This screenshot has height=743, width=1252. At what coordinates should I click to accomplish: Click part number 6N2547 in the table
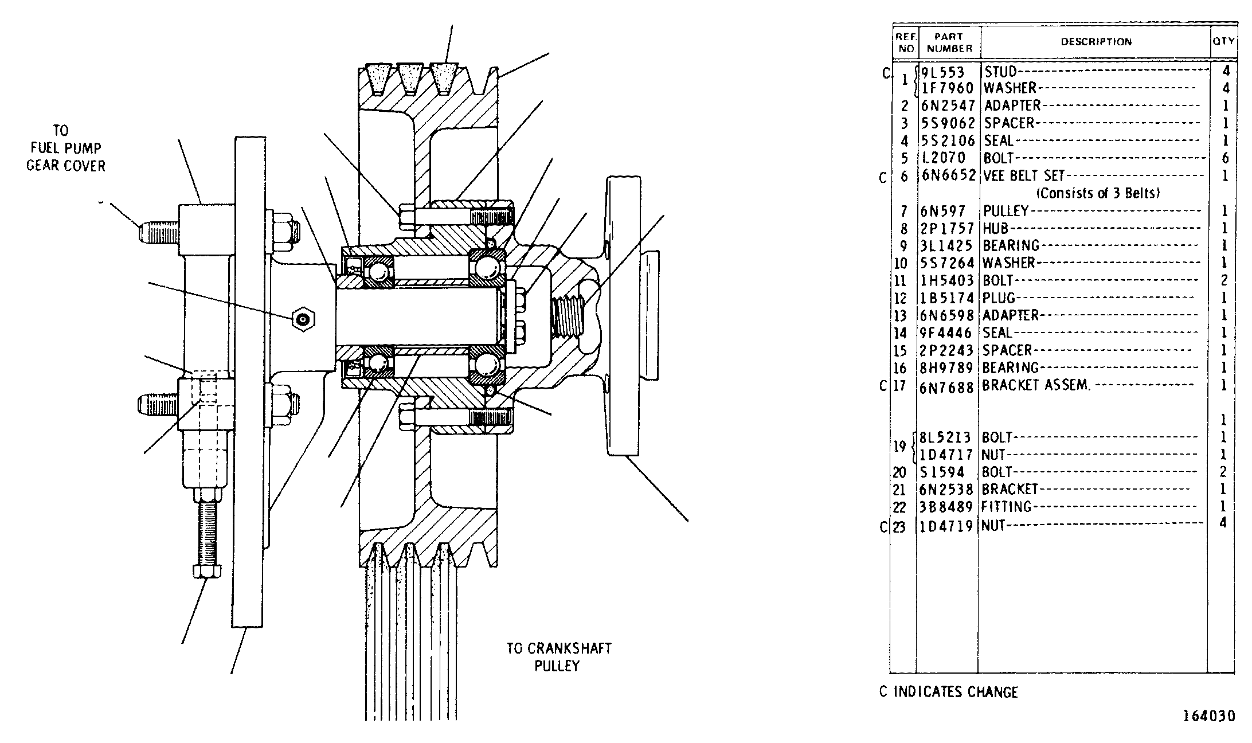(x=948, y=106)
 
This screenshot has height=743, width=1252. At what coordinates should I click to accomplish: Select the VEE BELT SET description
(x=1024, y=176)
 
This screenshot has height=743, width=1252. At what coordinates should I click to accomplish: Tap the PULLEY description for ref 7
(x=1006, y=211)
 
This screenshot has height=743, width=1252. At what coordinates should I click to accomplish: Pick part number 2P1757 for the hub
(x=948, y=229)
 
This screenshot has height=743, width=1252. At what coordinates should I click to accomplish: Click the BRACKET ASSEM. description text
(x=1035, y=385)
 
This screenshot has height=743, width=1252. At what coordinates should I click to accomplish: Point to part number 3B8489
(x=946, y=507)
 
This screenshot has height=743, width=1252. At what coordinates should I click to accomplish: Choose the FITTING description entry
(x=1007, y=507)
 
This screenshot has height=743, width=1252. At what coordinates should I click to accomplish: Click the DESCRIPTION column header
(x=1096, y=41)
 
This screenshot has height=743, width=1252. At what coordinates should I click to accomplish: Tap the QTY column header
(x=1223, y=41)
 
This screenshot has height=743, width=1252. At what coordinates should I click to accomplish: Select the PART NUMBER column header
(x=949, y=42)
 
